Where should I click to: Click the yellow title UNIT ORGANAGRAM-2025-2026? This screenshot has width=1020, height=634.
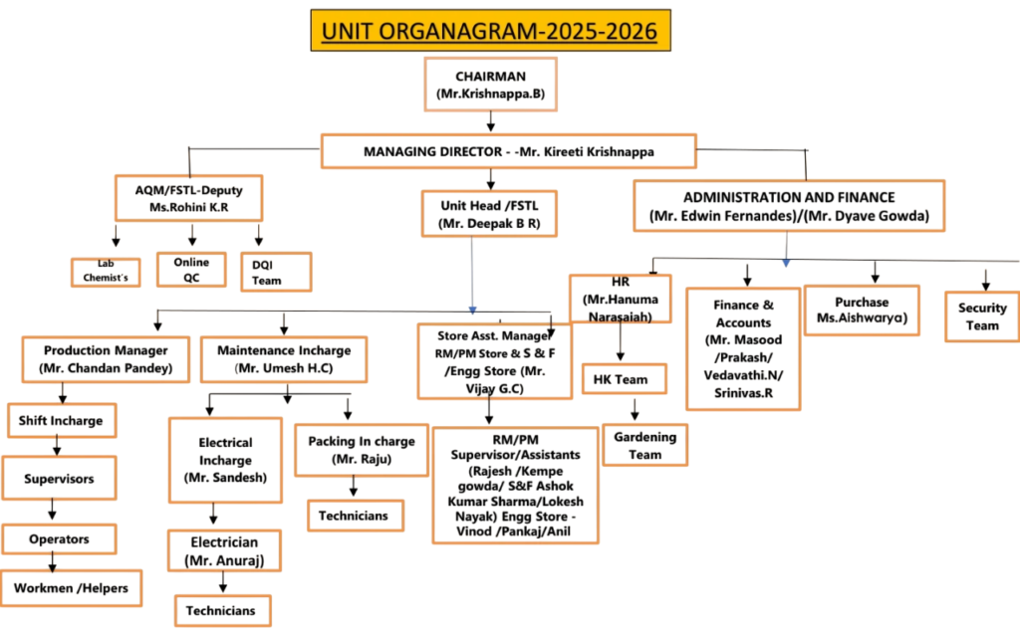click(490, 30)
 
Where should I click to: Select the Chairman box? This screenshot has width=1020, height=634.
click(489, 84)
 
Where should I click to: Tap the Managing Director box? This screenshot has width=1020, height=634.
click(508, 151)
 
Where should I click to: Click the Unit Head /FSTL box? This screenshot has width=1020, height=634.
click(489, 212)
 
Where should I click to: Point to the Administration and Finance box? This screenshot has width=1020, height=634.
click(789, 206)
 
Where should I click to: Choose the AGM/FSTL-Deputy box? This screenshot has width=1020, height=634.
click(188, 198)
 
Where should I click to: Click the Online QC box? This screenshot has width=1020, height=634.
click(191, 269)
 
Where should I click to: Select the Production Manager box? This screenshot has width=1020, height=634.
click(105, 359)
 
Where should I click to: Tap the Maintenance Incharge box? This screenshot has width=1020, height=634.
click(284, 359)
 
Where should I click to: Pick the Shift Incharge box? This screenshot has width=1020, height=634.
click(61, 420)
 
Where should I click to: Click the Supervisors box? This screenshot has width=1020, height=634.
click(60, 479)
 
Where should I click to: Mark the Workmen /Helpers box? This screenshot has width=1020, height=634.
click(71, 587)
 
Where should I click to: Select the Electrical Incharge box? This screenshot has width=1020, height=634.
click(225, 459)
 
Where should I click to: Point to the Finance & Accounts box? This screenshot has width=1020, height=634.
click(743, 348)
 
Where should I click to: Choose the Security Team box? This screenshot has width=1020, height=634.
click(982, 316)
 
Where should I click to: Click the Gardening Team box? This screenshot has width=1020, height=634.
click(645, 445)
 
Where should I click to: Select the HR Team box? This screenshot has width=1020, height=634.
click(621, 379)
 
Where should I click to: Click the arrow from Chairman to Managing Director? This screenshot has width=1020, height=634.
click(489, 121)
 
